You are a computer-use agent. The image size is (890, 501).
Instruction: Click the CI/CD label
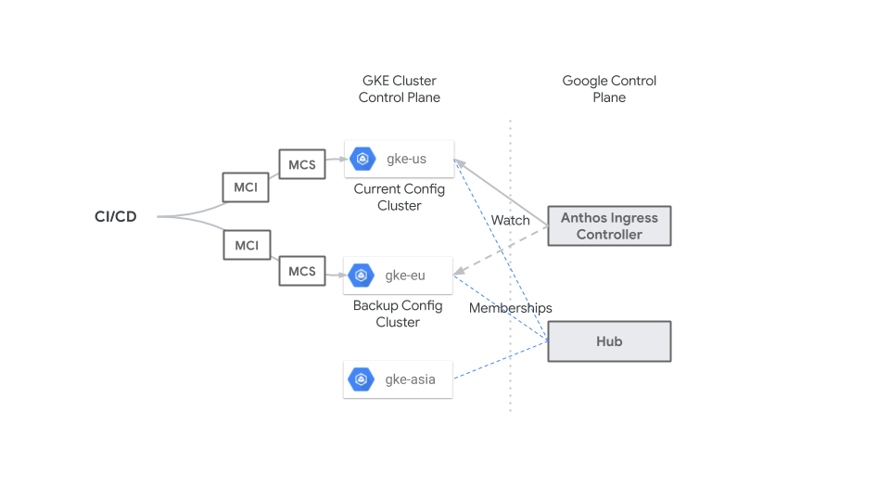pyautogui.click(x=115, y=217)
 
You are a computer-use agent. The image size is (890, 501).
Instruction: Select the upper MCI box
pyautogui.click(x=246, y=187)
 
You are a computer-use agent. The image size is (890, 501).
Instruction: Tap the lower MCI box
pyautogui.click(x=246, y=245)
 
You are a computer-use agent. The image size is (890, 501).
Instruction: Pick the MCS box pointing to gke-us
pyautogui.click(x=302, y=165)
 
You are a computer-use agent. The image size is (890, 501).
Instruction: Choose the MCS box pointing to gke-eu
pyautogui.click(x=302, y=271)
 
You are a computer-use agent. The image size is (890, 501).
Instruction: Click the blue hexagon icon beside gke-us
pyautogui.click(x=362, y=159)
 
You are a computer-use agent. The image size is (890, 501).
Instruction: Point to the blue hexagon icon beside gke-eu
pyautogui.click(x=362, y=275)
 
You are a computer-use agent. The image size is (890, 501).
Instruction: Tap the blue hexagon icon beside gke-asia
pyautogui.click(x=361, y=379)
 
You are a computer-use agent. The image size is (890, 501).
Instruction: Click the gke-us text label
pyautogui.click(x=406, y=159)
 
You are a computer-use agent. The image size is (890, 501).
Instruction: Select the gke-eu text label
pyautogui.click(x=405, y=275)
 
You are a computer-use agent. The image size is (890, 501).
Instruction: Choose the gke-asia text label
pyautogui.click(x=410, y=379)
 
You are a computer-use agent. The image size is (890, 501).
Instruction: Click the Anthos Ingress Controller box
pyautogui.click(x=609, y=226)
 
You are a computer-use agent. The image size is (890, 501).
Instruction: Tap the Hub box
pyautogui.click(x=609, y=341)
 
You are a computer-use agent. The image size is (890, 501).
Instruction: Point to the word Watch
pyautogui.click(x=511, y=220)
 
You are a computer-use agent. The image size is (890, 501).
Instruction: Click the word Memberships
pyautogui.click(x=510, y=308)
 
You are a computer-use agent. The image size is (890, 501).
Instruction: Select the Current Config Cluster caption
pyautogui.click(x=400, y=197)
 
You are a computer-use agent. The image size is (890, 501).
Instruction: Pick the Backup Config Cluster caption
pyautogui.click(x=398, y=314)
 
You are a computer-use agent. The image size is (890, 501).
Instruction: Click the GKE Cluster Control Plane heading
pyautogui.click(x=400, y=89)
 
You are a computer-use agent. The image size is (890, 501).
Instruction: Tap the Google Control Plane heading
pyautogui.click(x=609, y=89)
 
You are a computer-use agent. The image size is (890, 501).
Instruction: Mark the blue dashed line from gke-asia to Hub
pyautogui.click(x=501, y=361)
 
